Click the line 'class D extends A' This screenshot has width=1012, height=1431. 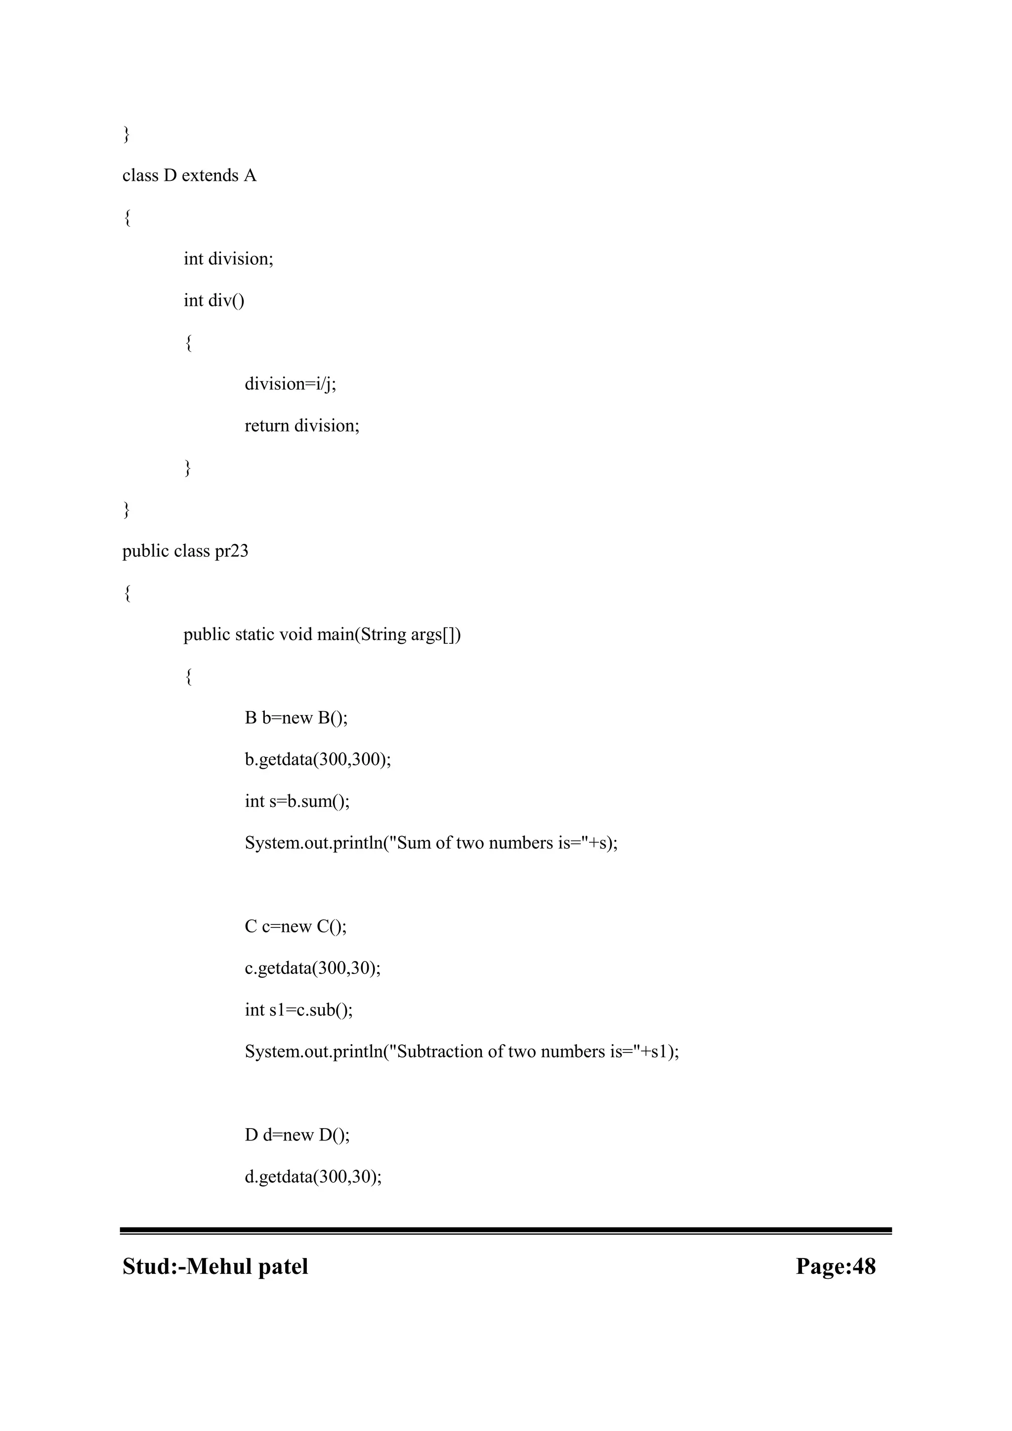pos(189,176)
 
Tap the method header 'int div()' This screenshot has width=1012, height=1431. pos(214,300)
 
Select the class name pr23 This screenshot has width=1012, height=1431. pos(231,551)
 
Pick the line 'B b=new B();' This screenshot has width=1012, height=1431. pos(296,718)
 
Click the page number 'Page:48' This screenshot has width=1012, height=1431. pos(835,1267)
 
